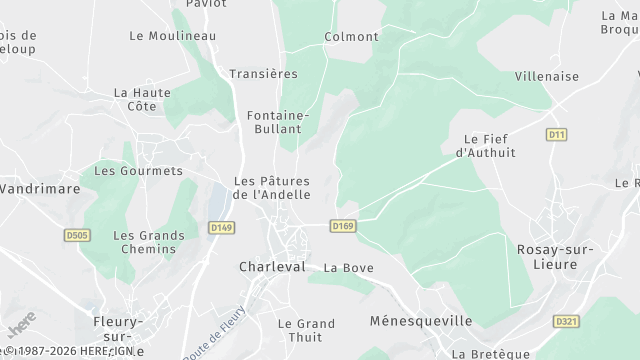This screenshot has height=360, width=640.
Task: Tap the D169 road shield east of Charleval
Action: pyautogui.click(x=343, y=227)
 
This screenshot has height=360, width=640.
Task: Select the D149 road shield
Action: pyautogui.click(x=222, y=228)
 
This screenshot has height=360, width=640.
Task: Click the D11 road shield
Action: pyautogui.click(x=557, y=134)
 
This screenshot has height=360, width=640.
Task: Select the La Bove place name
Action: pyautogui.click(x=347, y=268)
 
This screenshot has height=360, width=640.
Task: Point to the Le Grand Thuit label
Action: pyautogui.click(x=306, y=330)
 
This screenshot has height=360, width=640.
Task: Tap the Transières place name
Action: pyautogui.click(x=264, y=74)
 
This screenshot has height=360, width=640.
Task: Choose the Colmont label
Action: pyautogui.click(x=351, y=37)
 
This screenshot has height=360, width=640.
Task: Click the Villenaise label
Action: pyautogui.click(x=547, y=75)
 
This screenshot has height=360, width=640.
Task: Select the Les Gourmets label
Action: pyautogui.click(x=138, y=171)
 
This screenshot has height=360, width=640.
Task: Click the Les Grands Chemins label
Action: pyautogui.click(x=149, y=242)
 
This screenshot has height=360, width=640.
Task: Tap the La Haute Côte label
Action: pyautogui.click(x=142, y=99)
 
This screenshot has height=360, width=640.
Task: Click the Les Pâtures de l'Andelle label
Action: pyautogui.click(x=271, y=188)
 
